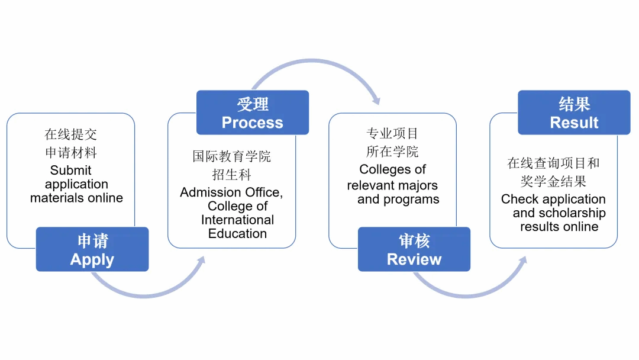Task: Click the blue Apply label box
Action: pyautogui.click(x=92, y=249)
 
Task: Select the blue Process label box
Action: pyautogui.click(x=253, y=112)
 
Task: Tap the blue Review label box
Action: pyautogui.click(x=414, y=249)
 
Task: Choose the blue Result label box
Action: pyautogui.click(x=574, y=112)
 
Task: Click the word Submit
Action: pyautogui.click(x=70, y=171)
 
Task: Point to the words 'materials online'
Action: pyautogui.click(x=76, y=198)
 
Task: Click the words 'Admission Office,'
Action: pyautogui.click(x=231, y=192)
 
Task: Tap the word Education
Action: pyautogui.click(x=237, y=233)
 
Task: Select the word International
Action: pyautogui.click(x=237, y=220)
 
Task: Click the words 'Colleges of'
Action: pyautogui.click(x=392, y=170)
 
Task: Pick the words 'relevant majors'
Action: pyautogui.click(x=392, y=185)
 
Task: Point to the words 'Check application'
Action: pyautogui.click(x=553, y=199)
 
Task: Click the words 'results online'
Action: pyautogui.click(x=559, y=227)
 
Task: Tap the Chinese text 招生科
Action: pyautogui.click(x=232, y=175)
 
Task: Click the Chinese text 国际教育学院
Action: pyautogui.click(x=232, y=156)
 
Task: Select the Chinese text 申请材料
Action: pyautogui.click(x=71, y=153)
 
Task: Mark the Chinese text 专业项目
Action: pyautogui.click(x=392, y=134)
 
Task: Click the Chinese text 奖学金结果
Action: pyautogui.click(x=553, y=181)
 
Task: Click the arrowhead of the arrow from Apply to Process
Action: pyautogui.click(x=201, y=261)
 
